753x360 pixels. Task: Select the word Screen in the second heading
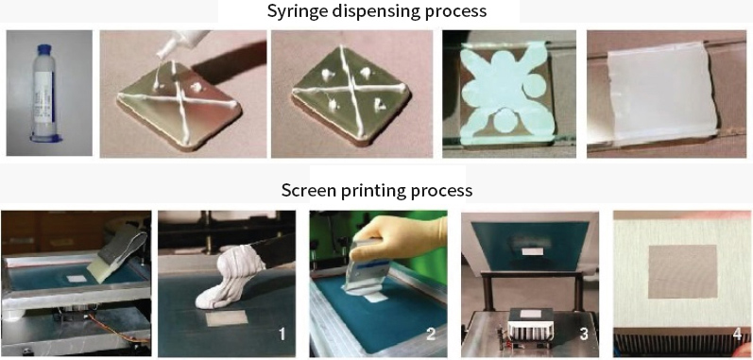[x=304, y=190]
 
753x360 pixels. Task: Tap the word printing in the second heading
[x=366, y=191]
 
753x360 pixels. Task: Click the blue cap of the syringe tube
[x=44, y=50]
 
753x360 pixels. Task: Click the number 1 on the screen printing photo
[x=282, y=334]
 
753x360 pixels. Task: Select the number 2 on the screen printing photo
[x=431, y=334]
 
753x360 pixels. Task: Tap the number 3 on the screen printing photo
[x=585, y=334]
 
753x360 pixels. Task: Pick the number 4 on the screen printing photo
[x=738, y=334]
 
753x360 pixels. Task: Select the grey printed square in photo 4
[x=682, y=271]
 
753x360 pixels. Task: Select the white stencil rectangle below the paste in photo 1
[x=226, y=318]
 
